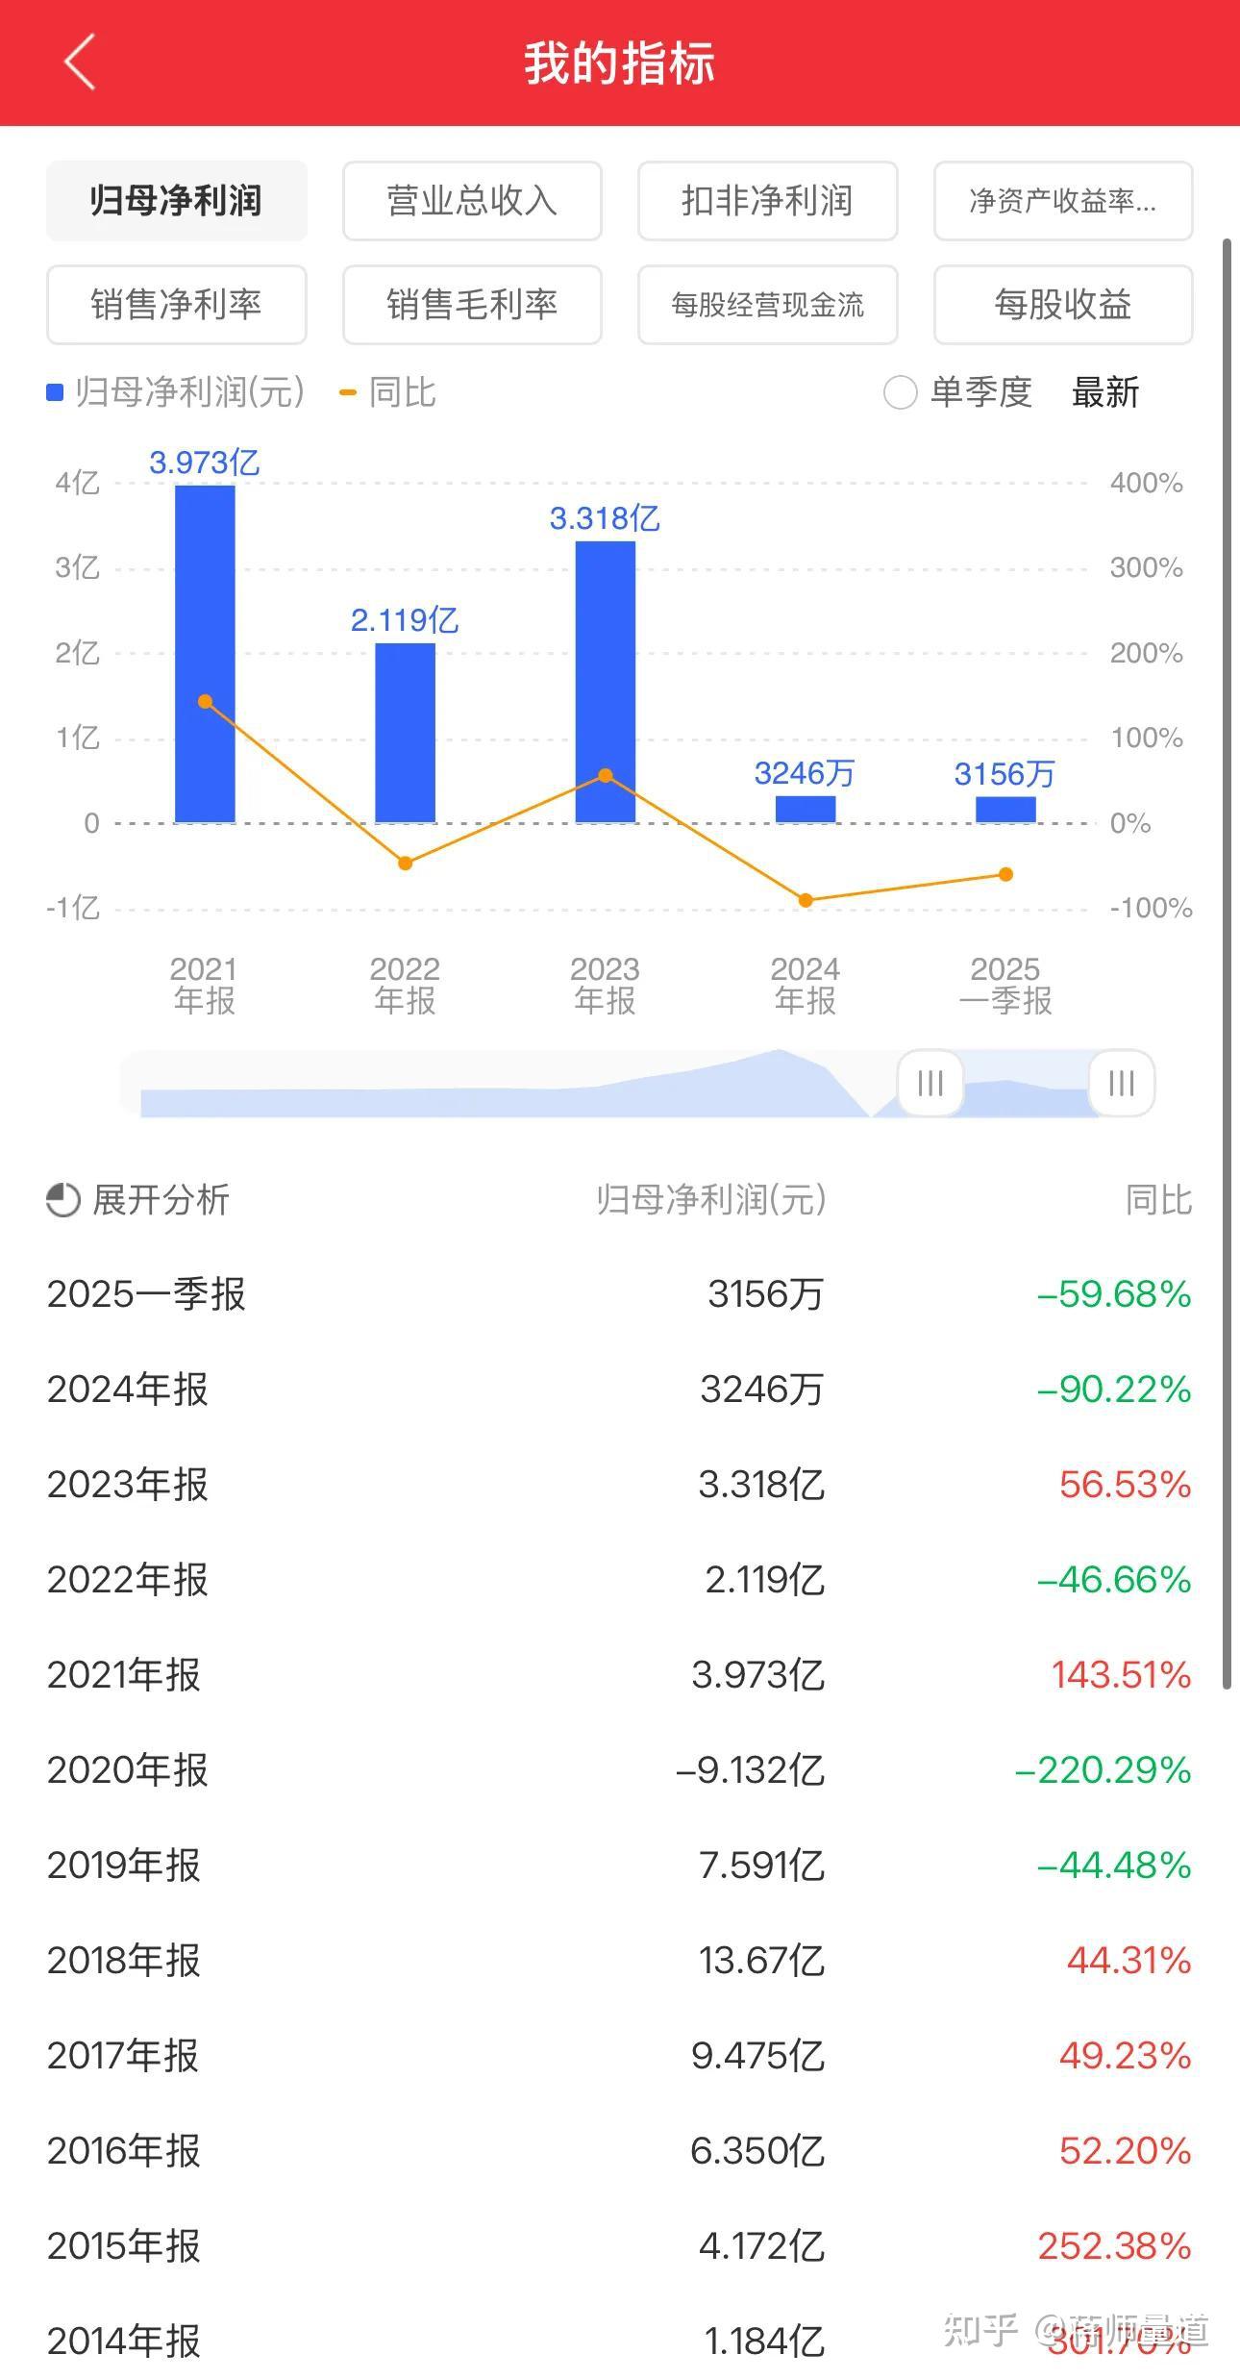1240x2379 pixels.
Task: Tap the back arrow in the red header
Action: click(x=81, y=63)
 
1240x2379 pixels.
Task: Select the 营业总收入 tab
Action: click(x=472, y=201)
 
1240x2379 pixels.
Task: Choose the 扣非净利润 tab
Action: click(x=767, y=201)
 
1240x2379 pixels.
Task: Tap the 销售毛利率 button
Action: click(x=472, y=305)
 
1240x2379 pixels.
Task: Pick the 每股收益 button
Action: click(x=1062, y=305)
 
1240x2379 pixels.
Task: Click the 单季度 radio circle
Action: click(x=900, y=392)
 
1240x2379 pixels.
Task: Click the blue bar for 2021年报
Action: click(x=205, y=654)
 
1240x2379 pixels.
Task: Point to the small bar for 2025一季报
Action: click(x=1005, y=810)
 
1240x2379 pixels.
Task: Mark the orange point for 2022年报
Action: click(x=406, y=864)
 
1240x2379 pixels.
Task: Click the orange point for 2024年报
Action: click(x=806, y=900)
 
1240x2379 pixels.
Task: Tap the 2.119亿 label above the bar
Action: click(x=405, y=620)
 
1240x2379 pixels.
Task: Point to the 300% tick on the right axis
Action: click(x=1146, y=567)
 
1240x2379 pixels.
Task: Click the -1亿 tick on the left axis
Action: click(x=73, y=908)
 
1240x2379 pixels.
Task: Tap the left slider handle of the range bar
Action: click(x=930, y=1084)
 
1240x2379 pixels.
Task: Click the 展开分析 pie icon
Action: click(x=63, y=1200)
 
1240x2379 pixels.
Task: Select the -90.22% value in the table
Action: click(x=1113, y=1390)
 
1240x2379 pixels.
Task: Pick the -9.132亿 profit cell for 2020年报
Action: click(x=751, y=1770)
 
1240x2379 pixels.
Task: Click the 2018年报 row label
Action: click(x=124, y=1961)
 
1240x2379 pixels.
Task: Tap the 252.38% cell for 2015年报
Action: click(x=1114, y=2246)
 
